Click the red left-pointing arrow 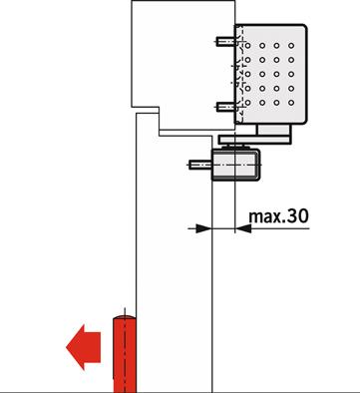[x=83, y=347]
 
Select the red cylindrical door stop [x=125, y=354]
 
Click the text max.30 [x=278, y=216]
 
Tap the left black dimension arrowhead [x=203, y=228]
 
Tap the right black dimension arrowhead [x=243, y=228]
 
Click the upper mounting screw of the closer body [x=227, y=42]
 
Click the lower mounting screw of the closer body [x=227, y=107]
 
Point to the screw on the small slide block [x=199, y=165]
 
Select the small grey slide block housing [x=235, y=165]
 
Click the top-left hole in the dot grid [x=247, y=46]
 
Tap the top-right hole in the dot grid [x=291, y=46]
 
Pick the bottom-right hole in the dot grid [x=291, y=103]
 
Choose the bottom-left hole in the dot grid [x=247, y=103]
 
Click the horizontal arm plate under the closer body [x=255, y=140]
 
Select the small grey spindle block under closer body [x=274, y=130]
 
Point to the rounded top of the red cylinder [x=125, y=317]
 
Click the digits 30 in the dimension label [x=298, y=216]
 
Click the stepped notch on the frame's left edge [x=146, y=110]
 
